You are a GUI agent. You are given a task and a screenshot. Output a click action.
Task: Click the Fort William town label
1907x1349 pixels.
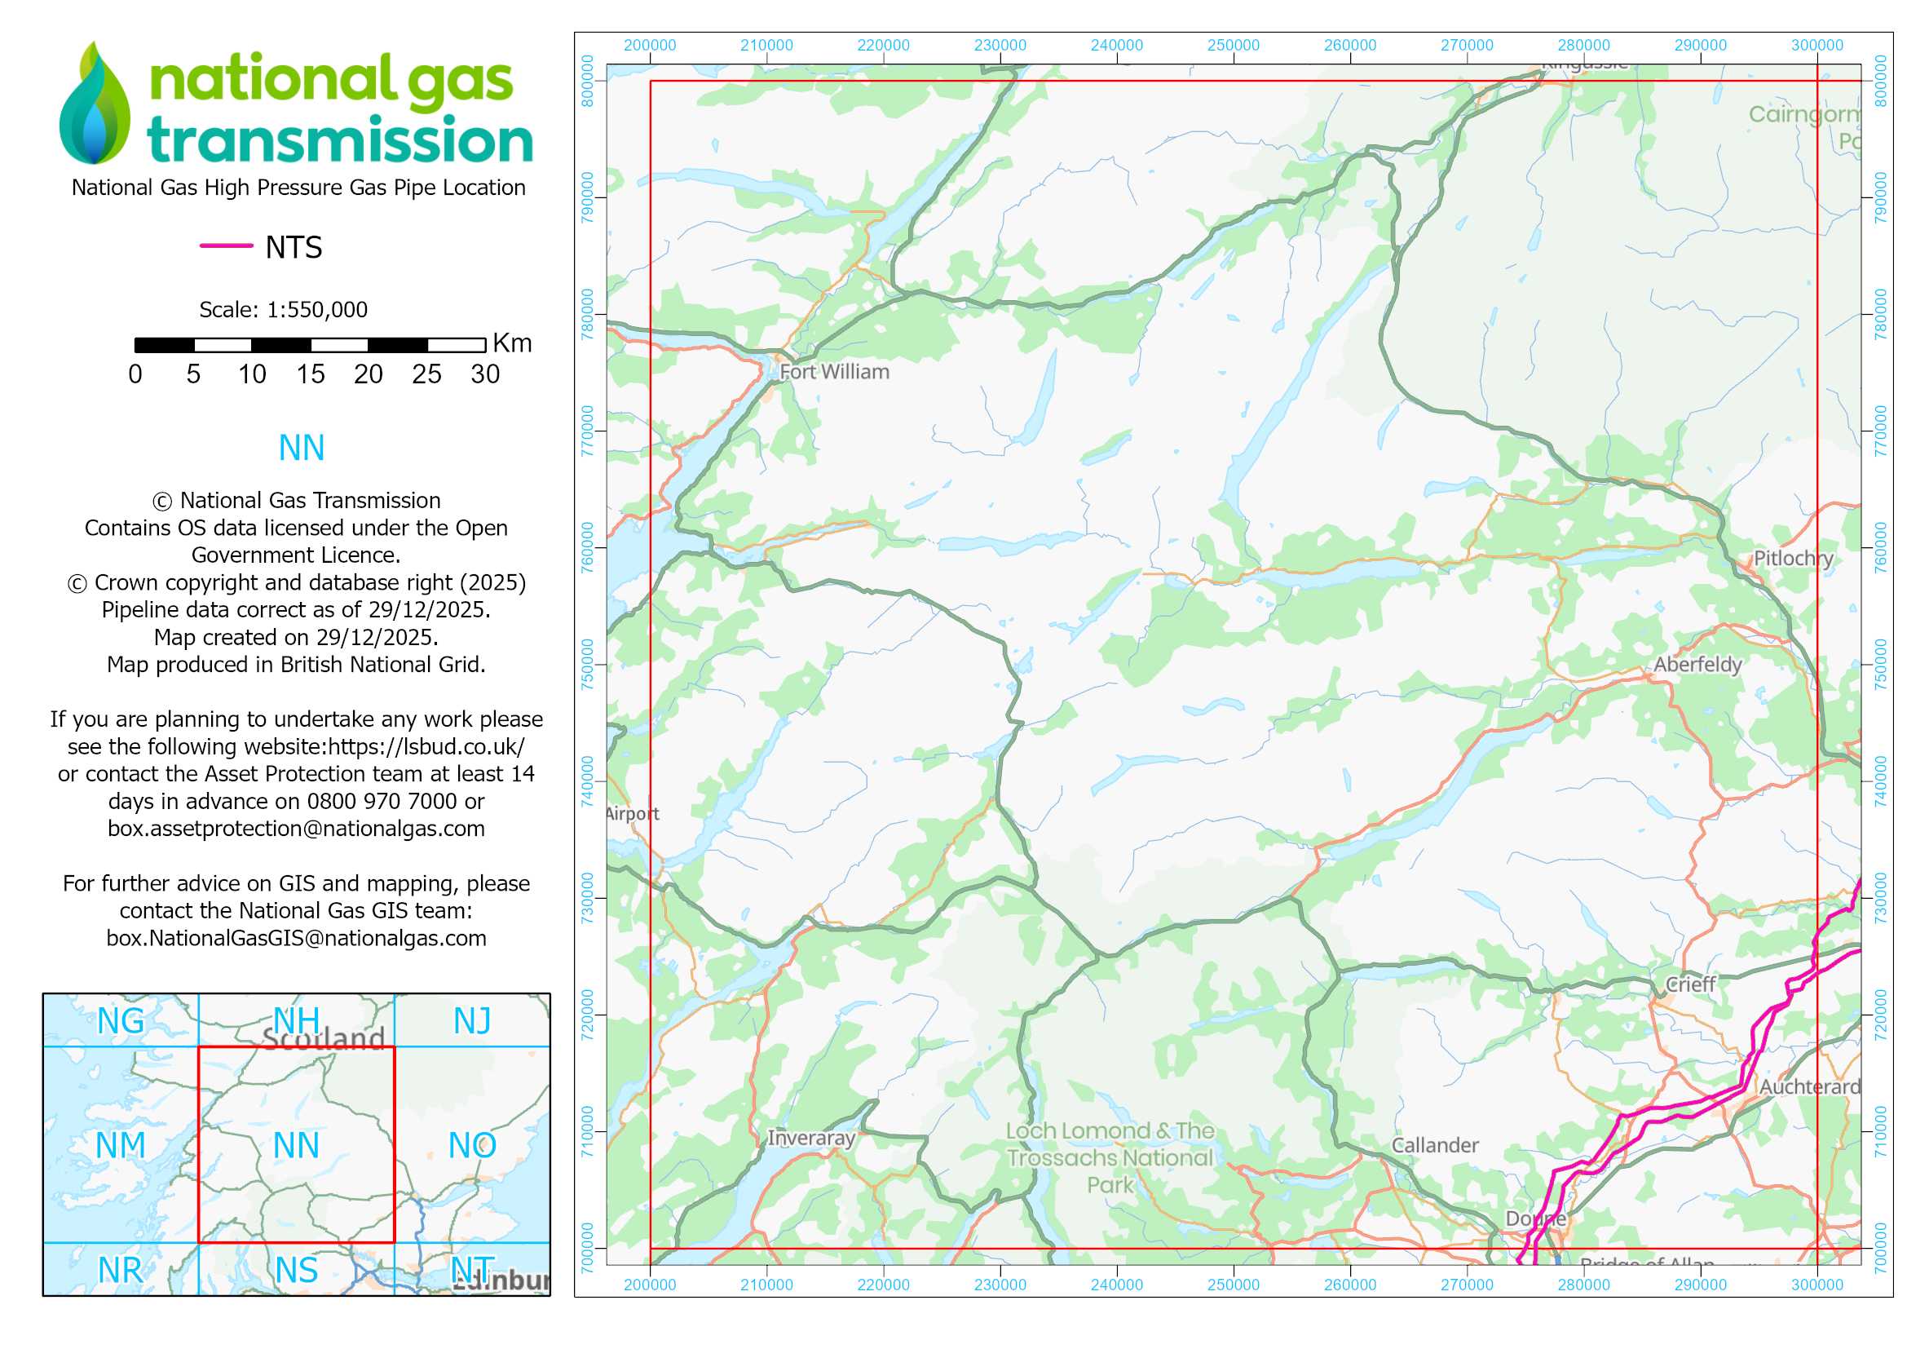[834, 372]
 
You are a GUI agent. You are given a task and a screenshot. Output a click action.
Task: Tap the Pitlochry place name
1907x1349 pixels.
[1792, 558]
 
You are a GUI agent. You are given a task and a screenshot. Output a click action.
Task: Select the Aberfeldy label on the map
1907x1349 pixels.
[1697, 665]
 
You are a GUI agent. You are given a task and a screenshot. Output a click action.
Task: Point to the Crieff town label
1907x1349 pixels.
[1690, 984]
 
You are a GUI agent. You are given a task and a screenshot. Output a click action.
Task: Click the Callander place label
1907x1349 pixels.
[1434, 1145]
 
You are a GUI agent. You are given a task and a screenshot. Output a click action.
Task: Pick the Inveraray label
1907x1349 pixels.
[810, 1138]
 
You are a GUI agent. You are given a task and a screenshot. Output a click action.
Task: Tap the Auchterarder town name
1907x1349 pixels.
[1809, 1086]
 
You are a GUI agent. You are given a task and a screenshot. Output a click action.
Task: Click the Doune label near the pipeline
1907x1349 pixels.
[1535, 1219]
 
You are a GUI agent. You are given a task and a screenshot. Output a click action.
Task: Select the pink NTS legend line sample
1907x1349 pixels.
[226, 245]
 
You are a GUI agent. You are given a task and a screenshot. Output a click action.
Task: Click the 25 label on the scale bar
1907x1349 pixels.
[426, 374]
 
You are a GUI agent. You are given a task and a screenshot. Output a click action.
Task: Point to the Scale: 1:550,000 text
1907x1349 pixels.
[283, 310]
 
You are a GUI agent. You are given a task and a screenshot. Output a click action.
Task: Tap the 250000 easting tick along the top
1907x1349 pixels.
[1233, 46]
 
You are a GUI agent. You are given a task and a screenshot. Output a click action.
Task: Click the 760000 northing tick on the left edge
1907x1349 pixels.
[588, 547]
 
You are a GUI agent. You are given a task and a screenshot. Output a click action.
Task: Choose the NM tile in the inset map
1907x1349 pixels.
[121, 1146]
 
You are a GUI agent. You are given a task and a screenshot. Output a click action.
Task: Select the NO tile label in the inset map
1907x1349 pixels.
[472, 1146]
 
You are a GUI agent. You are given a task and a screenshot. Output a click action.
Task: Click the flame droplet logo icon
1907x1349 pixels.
[95, 104]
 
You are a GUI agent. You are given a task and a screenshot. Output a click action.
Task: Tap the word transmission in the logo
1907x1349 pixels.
[340, 139]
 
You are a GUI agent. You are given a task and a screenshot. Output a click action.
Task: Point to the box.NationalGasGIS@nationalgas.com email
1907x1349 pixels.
[297, 939]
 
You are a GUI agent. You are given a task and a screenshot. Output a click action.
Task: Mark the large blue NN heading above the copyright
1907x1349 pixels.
[301, 449]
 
